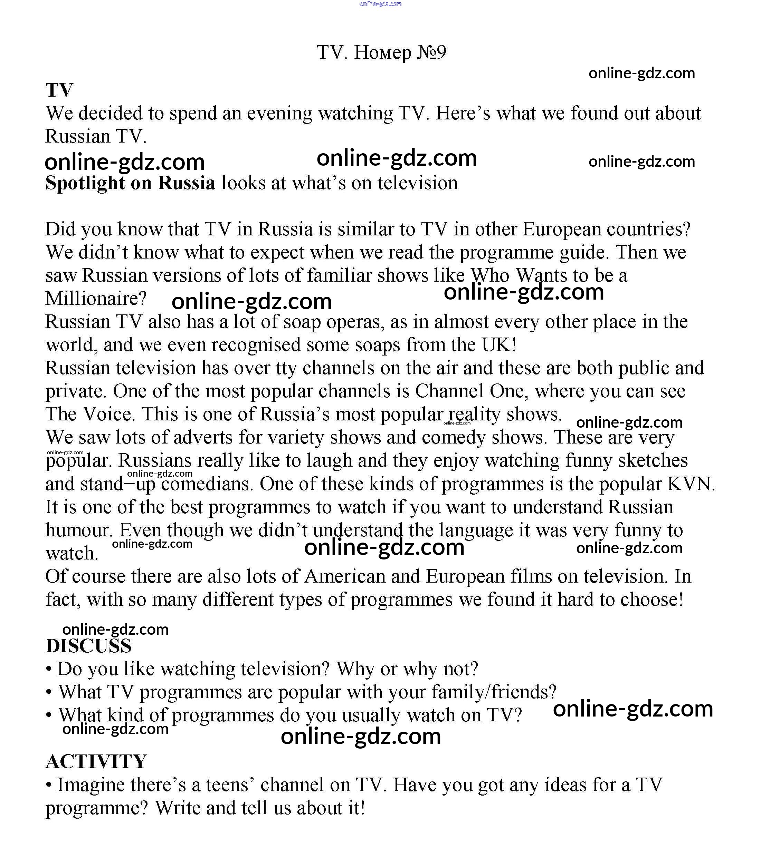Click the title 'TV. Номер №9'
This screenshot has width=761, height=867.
[381, 52]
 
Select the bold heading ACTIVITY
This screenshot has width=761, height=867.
[96, 761]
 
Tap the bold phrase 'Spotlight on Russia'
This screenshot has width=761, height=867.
[130, 183]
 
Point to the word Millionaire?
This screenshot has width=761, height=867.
[96, 299]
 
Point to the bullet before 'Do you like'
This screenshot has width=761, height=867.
[49, 669]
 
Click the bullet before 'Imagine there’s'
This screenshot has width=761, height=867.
[49, 785]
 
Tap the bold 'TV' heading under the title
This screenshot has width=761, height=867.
[59, 90]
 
